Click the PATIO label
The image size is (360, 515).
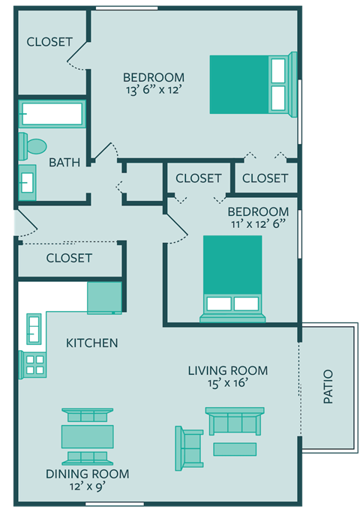328,387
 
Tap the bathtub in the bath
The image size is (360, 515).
52,115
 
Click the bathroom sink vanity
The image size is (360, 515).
27,181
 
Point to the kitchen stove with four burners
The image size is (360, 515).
34,364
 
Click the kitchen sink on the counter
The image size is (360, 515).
34,327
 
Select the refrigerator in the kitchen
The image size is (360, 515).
104,298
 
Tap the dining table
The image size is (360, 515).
87,436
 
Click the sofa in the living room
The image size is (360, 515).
235,422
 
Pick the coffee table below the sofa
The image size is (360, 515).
235,449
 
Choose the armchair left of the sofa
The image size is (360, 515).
189,448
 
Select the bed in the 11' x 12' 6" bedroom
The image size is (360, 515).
232,277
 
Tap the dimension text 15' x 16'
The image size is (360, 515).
227,383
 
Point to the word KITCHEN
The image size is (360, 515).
92,343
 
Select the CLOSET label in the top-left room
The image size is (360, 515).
49,42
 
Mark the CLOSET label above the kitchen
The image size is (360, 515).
69,258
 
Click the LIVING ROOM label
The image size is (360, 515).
227,370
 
